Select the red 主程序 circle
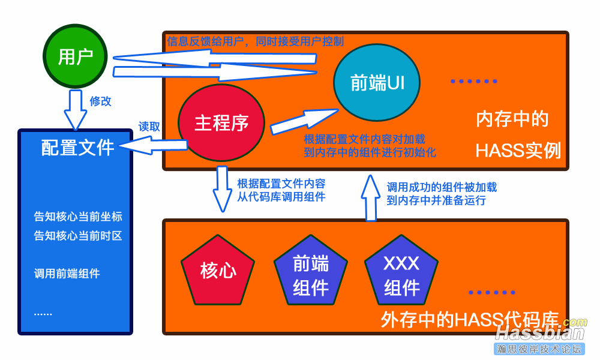pyautogui.click(x=221, y=123)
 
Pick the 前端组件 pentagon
pyautogui.click(x=311, y=275)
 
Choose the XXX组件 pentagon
pyautogui.click(x=401, y=275)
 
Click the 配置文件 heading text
pyautogui.click(x=77, y=148)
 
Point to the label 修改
pyautogui.click(x=101, y=101)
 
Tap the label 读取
pyautogui.click(x=149, y=127)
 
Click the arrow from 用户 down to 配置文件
pyautogui.click(x=76, y=109)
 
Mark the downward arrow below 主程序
pyautogui.click(x=223, y=188)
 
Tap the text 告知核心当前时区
pyautogui.click(x=78, y=236)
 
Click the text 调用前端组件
pyautogui.click(x=67, y=274)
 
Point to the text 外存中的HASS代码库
pyautogui.click(x=469, y=319)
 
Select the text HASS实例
pyautogui.click(x=518, y=151)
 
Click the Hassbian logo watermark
pyautogui.click(x=539, y=336)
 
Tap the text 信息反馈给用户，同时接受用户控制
pyautogui.click(x=255, y=41)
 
